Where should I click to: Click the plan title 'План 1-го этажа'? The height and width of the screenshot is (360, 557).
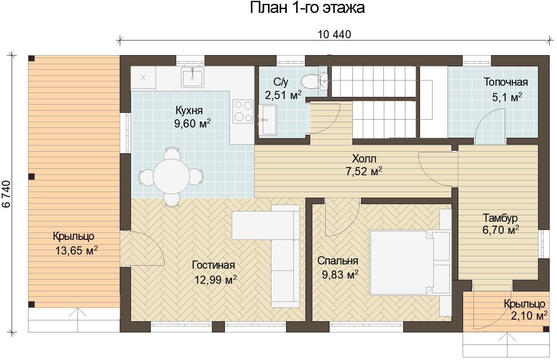[307, 8]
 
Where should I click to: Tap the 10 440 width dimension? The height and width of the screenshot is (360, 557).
[334, 34]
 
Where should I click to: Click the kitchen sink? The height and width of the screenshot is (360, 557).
[193, 77]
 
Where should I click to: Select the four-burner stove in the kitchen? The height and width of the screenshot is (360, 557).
[243, 112]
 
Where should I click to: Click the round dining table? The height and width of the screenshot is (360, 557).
[171, 176]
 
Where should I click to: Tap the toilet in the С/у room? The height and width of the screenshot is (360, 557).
[314, 81]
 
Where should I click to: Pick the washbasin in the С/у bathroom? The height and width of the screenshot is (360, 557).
[268, 120]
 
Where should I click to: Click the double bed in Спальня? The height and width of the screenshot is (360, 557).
[410, 263]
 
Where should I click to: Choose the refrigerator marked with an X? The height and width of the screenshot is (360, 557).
[143, 78]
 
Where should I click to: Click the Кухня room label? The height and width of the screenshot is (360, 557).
[189, 110]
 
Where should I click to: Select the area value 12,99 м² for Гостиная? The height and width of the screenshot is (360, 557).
[215, 280]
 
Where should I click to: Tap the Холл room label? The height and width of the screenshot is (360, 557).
[364, 158]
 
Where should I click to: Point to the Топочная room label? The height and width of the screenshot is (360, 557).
[506, 82]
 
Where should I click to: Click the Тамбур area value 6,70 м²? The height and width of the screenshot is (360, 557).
[501, 230]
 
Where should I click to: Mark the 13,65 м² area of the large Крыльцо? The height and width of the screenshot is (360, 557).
[76, 250]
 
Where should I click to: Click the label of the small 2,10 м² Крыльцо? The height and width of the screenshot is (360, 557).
[525, 304]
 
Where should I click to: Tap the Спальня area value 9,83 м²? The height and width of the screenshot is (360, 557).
[340, 275]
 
